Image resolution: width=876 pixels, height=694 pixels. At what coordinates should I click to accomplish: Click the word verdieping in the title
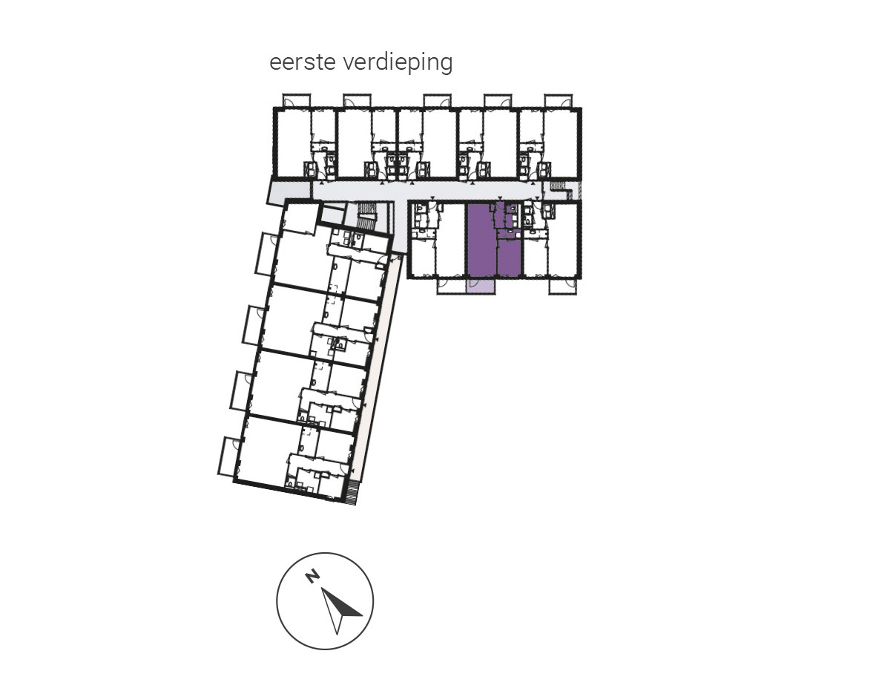point(398,63)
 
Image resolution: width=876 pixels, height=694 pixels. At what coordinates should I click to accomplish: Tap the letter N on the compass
point(312,575)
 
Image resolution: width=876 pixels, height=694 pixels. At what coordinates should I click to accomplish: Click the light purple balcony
point(481,286)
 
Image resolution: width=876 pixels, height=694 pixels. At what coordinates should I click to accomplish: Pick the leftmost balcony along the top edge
point(297,101)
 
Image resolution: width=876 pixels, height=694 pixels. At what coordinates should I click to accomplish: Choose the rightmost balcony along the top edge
point(558,101)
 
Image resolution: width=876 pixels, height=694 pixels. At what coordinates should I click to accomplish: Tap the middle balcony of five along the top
point(437,101)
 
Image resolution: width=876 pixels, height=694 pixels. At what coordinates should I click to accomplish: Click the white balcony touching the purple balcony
point(452,286)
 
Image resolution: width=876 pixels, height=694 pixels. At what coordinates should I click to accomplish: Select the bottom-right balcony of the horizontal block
point(562,286)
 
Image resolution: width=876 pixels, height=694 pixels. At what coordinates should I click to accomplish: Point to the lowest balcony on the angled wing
point(228,456)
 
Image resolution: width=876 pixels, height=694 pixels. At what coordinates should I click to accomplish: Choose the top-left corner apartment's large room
point(293,143)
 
